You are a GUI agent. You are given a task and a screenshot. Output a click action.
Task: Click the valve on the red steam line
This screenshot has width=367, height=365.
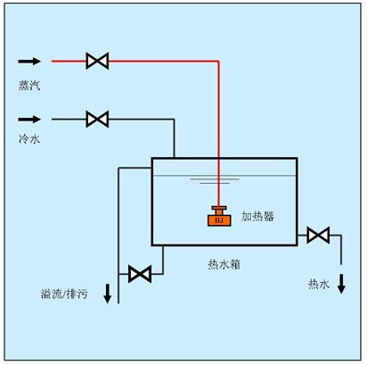pyautogui.click(x=97, y=62)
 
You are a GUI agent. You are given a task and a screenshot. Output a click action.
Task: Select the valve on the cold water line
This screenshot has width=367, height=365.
pyautogui.click(x=97, y=119)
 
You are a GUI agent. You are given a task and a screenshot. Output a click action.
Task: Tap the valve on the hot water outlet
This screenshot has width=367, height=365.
pyautogui.click(x=318, y=236)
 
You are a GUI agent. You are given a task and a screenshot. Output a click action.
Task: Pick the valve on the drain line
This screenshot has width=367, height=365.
pyautogui.click(x=140, y=273)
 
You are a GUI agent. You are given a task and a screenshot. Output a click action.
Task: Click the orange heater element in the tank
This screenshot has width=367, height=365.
pyautogui.click(x=219, y=215)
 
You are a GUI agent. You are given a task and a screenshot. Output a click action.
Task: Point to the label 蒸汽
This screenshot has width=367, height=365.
pyautogui.click(x=29, y=86)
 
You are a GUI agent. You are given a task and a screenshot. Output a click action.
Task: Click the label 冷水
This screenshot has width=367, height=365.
pyautogui.click(x=29, y=140)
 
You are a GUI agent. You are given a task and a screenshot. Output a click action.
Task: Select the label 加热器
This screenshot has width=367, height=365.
pyautogui.click(x=257, y=215)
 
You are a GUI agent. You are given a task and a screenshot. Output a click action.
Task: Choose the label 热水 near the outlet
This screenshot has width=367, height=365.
pyautogui.click(x=319, y=284)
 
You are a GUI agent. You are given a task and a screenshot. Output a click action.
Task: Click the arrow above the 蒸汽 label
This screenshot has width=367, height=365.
pyautogui.click(x=29, y=62)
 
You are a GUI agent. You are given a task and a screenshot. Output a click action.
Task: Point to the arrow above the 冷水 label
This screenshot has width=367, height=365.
pyautogui.click(x=29, y=119)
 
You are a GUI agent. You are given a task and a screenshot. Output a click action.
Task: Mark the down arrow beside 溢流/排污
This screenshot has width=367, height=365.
pyautogui.click(x=108, y=292)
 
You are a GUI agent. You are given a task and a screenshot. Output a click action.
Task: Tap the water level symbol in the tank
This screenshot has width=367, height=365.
pyautogui.click(x=206, y=183)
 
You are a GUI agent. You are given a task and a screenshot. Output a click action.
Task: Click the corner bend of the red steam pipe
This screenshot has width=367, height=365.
pyautogui.click(x=218, y=62)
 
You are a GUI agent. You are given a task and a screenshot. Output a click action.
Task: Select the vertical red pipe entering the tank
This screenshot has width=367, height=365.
pyautogui.click(x=218, y=134)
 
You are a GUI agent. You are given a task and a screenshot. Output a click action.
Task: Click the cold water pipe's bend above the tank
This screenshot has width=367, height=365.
pyautogui.click(x=174, y=119)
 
